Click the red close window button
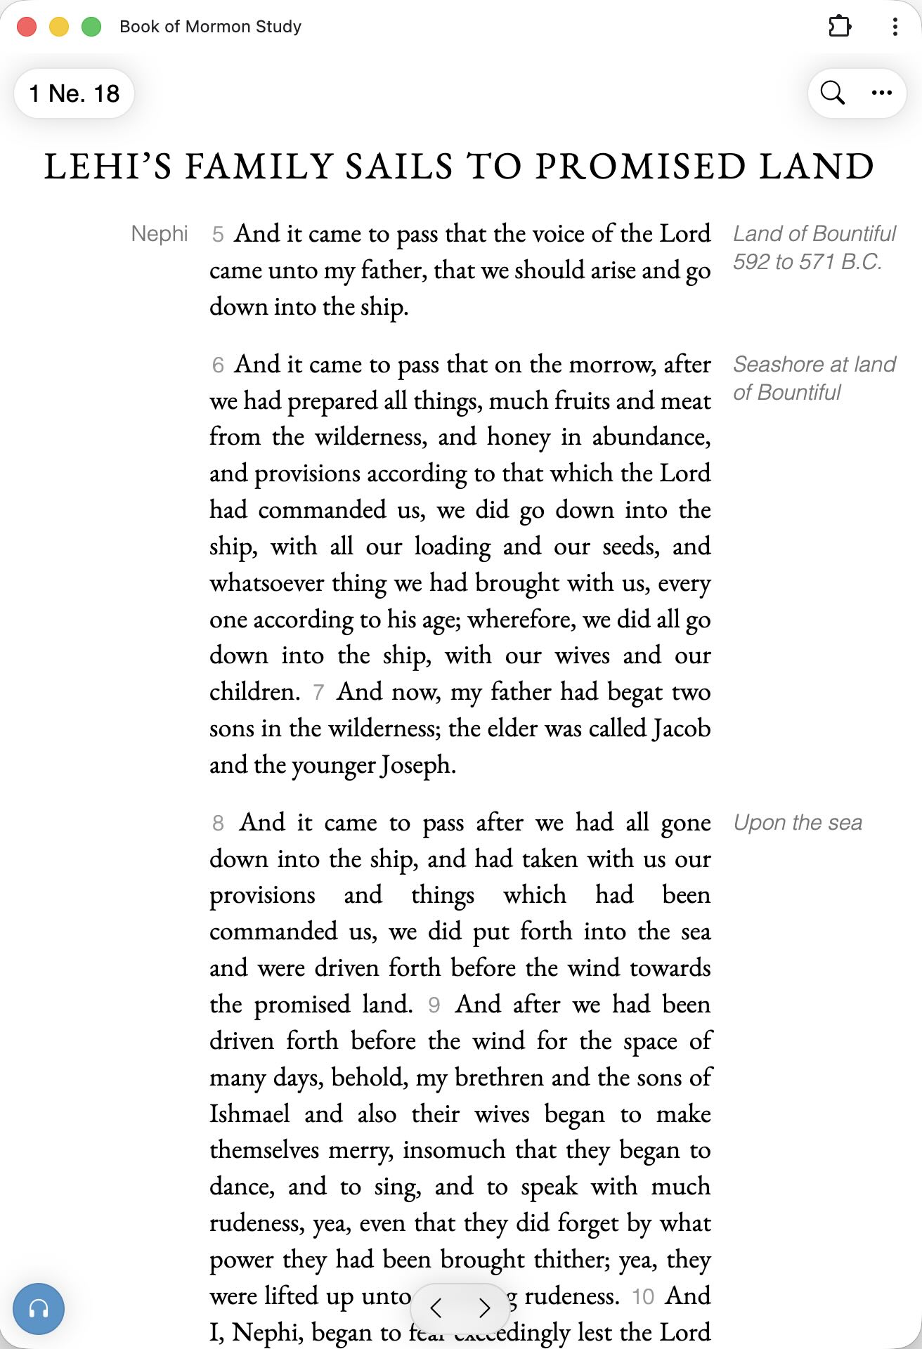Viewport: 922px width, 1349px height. click(x=27, y=27)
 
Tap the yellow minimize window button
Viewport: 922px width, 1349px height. click(x=59, y=27)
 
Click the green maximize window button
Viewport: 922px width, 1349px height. click(x=91, y=27)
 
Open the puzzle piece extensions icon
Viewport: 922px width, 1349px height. click(x=839, y=27)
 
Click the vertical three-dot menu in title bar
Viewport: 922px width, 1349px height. click(x=895, y=27)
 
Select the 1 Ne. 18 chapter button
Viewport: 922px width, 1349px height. click(x=74, y=93)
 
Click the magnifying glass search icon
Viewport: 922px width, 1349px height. click(x=833, y=93)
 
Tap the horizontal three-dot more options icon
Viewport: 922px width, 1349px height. click(x=881, y=93)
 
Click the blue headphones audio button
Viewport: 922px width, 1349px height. click(x=39, y=1309)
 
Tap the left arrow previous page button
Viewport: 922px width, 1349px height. click(x=436, y=1308)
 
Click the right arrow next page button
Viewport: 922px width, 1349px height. click(x=484, y=1308)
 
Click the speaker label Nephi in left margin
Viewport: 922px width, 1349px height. click(x=160, y=234)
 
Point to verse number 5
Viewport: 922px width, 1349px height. click(x=218, y=235)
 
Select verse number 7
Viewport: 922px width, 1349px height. click(x=318, y=693)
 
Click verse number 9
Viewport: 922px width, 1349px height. click(x=434, y=1005)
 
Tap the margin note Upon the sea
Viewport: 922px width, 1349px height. click(x=798, y=823)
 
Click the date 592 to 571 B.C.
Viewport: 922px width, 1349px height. click(x=807, y=262)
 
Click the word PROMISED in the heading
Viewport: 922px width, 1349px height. click(x=639, y=167)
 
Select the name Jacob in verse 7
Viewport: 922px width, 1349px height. click(x=681, y=729)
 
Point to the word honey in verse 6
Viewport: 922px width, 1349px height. click(x=519, y=437)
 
